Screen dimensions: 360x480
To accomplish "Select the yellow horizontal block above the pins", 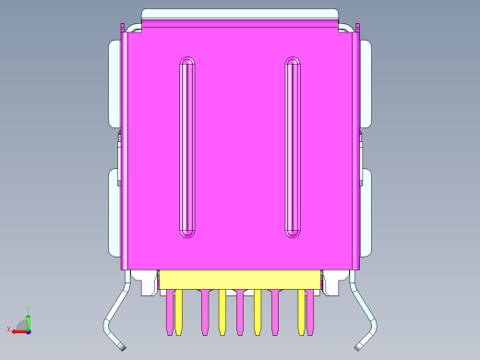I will (x=240, y=280).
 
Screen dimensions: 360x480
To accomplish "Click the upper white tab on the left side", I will (x=114, y=83).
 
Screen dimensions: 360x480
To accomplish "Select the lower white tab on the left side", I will (x=114, y=212).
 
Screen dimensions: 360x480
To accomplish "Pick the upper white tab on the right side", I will (x=366, y=83).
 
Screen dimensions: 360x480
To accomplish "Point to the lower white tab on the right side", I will (x=366, y=212).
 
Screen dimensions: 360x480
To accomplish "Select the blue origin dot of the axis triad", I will (x=29, y=329).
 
